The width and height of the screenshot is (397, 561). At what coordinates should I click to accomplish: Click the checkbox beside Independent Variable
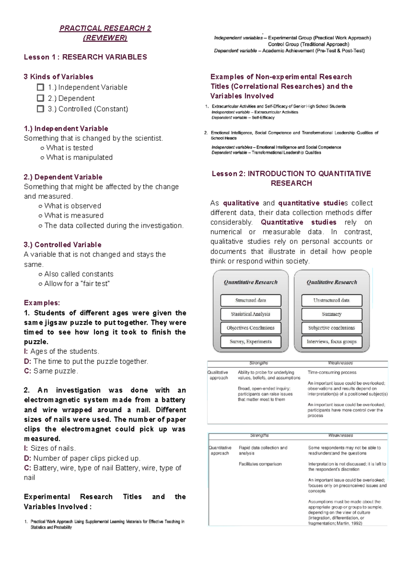point(40,87)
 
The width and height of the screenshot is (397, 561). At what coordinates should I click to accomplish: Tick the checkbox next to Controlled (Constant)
point(40,109)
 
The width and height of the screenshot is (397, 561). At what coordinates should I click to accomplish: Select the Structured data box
point(251,300)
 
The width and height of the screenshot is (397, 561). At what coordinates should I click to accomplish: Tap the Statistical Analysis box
point(251,314)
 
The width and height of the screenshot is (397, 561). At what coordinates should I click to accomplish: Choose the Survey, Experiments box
point(251,341)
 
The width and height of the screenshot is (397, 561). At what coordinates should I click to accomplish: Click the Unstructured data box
point(331,300)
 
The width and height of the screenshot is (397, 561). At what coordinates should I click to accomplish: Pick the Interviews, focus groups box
point(331,341)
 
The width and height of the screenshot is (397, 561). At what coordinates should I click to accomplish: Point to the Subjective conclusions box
point(331,328)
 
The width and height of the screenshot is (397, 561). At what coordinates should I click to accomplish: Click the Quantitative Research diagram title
point(251,282)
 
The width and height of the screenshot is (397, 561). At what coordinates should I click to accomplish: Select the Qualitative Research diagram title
point(331,282)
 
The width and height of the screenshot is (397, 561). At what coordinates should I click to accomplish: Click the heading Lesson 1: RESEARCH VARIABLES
point(85,57)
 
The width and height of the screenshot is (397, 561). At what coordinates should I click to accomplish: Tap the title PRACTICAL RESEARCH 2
point(105,28)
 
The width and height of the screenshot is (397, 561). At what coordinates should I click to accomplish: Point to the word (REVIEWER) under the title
point(105,38)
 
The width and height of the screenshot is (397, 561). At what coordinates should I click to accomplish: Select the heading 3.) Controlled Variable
point(63,245)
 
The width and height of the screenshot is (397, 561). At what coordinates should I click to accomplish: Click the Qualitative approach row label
point(218,375)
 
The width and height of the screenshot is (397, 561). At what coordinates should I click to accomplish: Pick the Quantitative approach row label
point(220,450)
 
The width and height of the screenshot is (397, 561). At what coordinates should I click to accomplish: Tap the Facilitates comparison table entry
point(260,464)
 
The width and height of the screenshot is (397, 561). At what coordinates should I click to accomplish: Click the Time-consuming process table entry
point(332,372)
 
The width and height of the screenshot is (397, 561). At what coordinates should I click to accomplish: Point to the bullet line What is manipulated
point(79,158)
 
